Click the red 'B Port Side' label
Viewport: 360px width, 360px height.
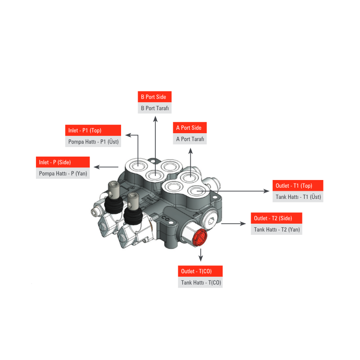tap(154, 97)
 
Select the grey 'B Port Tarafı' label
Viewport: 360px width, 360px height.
tap(154, 108)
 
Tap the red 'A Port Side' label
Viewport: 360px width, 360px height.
tap(189, 128)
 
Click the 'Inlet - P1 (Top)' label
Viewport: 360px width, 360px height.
tap(93, 130)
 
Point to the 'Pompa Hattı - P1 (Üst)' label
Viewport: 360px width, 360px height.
tap(93, 141)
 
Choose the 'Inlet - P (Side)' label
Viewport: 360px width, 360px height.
tap(63, 162)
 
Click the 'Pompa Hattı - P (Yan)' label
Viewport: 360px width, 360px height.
tap(63, 173)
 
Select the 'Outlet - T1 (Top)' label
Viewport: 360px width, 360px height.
tap(298, 185)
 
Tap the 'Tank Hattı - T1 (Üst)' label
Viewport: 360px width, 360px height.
tap(298, 197)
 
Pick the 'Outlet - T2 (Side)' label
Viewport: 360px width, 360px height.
tap(276, 218)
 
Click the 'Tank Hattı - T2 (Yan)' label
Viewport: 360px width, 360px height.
tap(276, 229)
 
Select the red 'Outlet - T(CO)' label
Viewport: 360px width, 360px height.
tap(200, 271)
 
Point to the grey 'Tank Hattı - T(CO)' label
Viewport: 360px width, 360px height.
tap(200, 283)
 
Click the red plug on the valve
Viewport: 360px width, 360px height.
tap(200, 238)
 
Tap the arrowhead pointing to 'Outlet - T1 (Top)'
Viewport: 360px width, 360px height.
tap(266, 191)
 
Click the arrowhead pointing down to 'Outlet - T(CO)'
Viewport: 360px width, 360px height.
tap(201, 258)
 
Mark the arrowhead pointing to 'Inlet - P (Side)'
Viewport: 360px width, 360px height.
tap(97, 167)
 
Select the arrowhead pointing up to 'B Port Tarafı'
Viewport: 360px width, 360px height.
tap(155, 119)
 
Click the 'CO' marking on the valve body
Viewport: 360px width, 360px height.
tap(165, 218)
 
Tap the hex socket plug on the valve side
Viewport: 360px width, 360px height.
tap(211, 221)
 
